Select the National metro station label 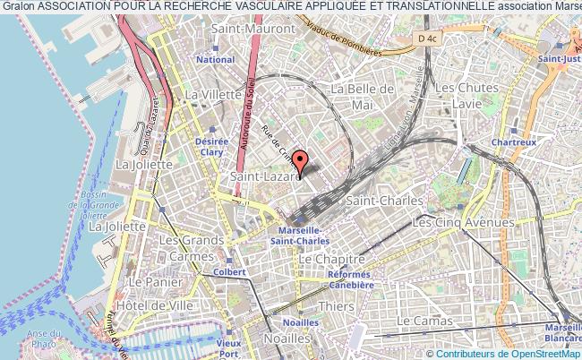(x=215, y=60)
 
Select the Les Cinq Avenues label (x=462, y=221)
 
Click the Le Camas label (x=428, y=320)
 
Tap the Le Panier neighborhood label (x=149, y=281)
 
